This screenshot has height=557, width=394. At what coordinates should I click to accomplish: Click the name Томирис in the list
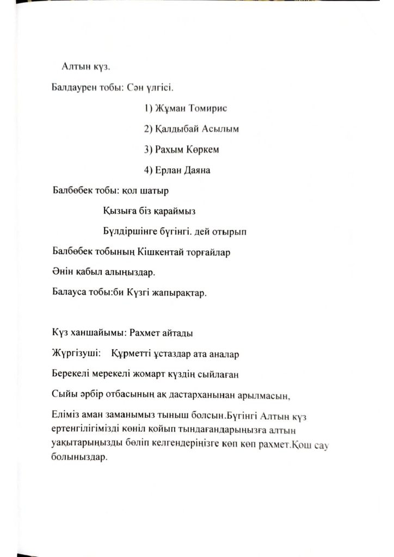tap(206, 108)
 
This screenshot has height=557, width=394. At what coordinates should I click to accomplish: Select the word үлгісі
tap(160, 87)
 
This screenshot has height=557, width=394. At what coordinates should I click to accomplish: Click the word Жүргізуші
tap(75, 354)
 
